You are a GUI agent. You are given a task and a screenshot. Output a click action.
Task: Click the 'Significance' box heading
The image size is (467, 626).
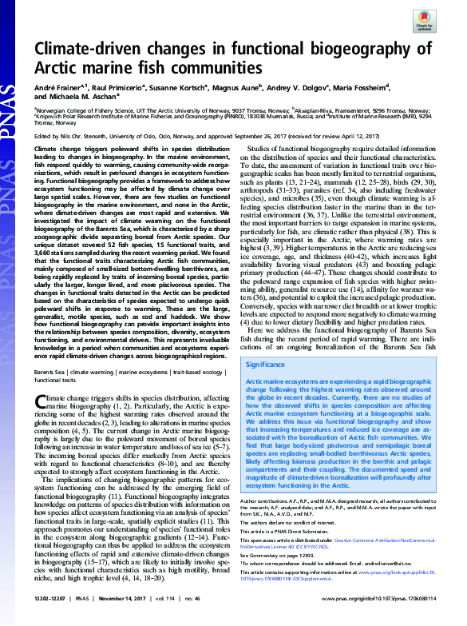point(268,364)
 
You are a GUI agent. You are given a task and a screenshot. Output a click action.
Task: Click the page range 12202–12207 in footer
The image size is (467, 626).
point(54,618)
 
